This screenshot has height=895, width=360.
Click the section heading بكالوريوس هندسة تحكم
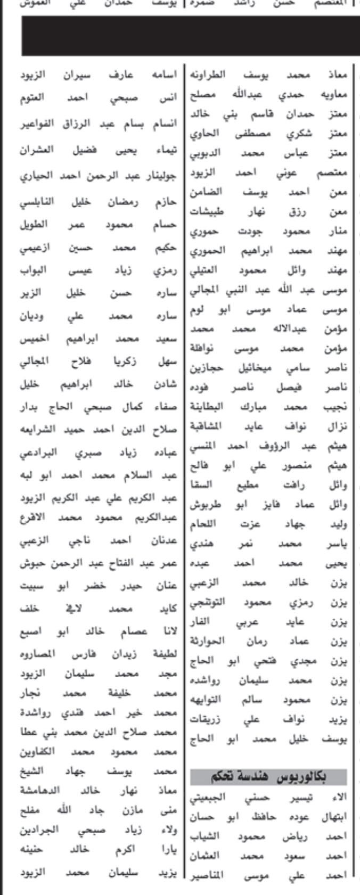[x=268, y=777]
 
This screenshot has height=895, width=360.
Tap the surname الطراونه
[x=209, y=75]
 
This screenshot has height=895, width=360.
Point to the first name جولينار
[x=162, y=176]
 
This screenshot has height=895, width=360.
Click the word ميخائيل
[x=250, y=368]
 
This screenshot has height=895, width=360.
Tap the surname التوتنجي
[x=208, y=602]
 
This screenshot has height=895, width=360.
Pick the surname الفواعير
[x=37, y=125]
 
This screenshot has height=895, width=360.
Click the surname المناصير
[x=208, y=875]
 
